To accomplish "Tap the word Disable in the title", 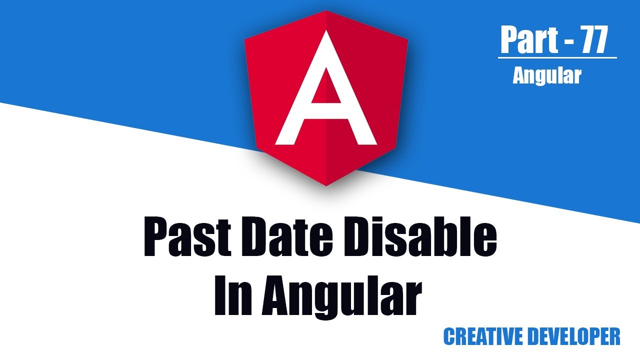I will point(419,238).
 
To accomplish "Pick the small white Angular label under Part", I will point(546,75).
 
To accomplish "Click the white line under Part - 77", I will point(557,58).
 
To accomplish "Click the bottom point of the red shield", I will point(326,185).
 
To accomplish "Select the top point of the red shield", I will point(326,11).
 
